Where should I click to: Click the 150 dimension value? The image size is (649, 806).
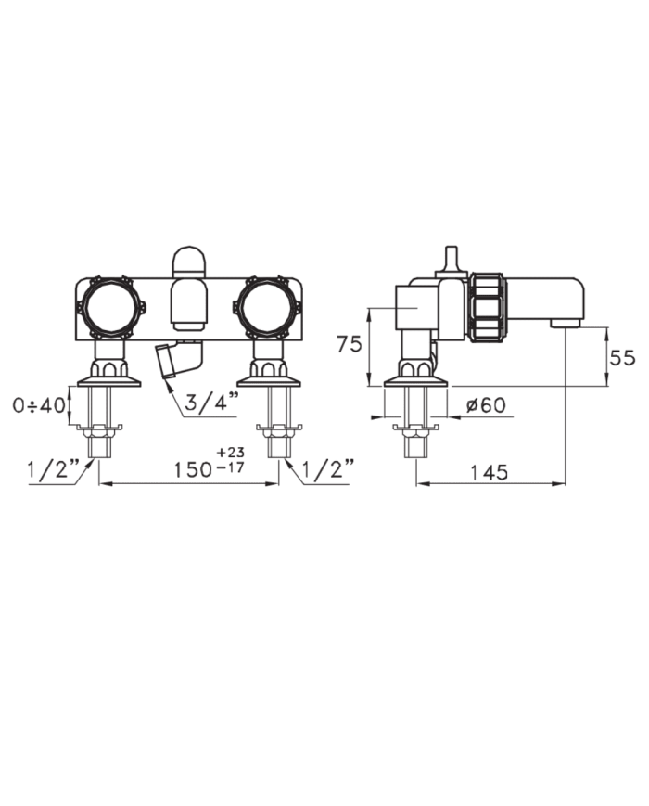[x=192, y=470]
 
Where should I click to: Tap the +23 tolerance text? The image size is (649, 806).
[x=231, y=453]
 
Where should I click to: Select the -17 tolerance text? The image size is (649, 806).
[x=231, y=467]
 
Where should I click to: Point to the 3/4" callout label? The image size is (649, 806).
[x=211, y=403]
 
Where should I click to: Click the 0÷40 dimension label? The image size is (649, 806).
[x=40, y=405]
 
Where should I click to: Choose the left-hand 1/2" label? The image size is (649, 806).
[x=54, y=468]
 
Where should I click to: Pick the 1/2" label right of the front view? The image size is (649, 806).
[x=328, y=468]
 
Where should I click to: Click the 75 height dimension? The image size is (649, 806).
[x=350, y=344]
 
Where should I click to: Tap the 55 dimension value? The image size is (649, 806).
[x=623, y=357]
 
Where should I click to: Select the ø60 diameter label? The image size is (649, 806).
[x=486, y=405]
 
